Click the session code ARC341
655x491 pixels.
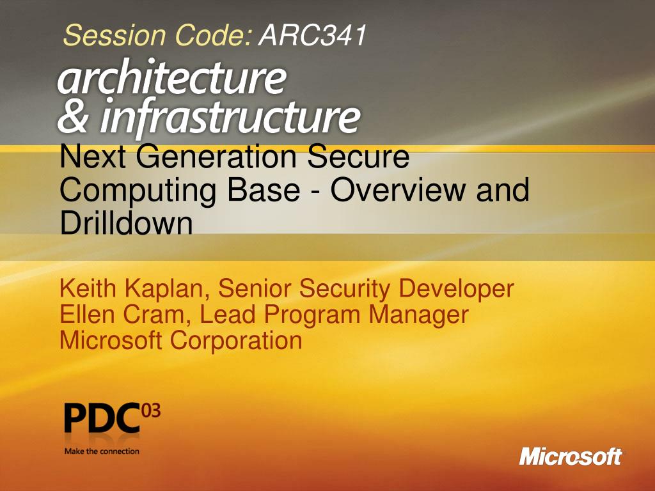pyautogui.click(x=312, y=36)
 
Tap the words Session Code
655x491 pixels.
pyautogui.click(x=157, y=36)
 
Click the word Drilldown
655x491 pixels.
pyautogui.click(x=126, y=223)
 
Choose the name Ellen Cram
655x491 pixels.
pyautogui.click(x=124, y=315)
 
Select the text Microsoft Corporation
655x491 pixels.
pyautogui.click(x=180, y=340)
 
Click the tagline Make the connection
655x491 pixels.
pyautogui.click(x=101, y=451)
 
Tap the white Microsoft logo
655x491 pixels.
pyautogui.click(x=570, y=456)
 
